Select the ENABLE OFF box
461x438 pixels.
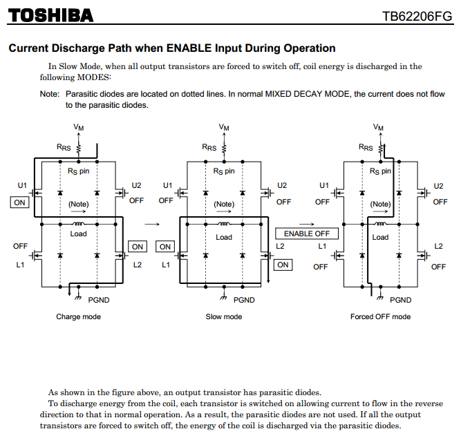click(307, 234)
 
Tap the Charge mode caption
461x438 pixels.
click(78, 316)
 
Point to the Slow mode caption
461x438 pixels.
click(224, 316)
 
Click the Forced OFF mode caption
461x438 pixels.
click(380, 316)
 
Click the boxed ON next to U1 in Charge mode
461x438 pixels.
click(19, 202)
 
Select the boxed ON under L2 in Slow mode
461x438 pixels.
click(283, 265)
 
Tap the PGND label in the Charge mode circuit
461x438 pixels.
click(99, 300)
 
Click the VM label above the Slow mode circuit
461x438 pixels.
click(224, 127)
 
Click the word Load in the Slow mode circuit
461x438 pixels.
click(224, 237)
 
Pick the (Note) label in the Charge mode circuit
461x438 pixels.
click(78, 204)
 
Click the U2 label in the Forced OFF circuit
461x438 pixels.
click(438, 185)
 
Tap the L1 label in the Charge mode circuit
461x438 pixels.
click(20, 265)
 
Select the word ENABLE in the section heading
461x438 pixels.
click(187, 48)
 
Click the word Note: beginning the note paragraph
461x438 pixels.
click(49, 93)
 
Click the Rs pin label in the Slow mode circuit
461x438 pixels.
click(224, 171)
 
